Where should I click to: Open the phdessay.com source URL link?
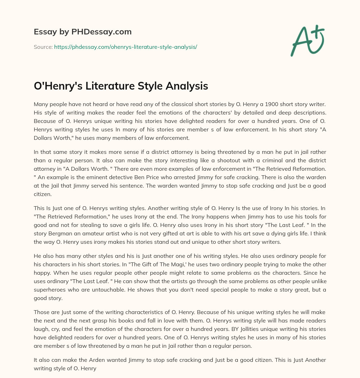[x=126, y=47]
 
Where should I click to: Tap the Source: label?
[x=43, y=47]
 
